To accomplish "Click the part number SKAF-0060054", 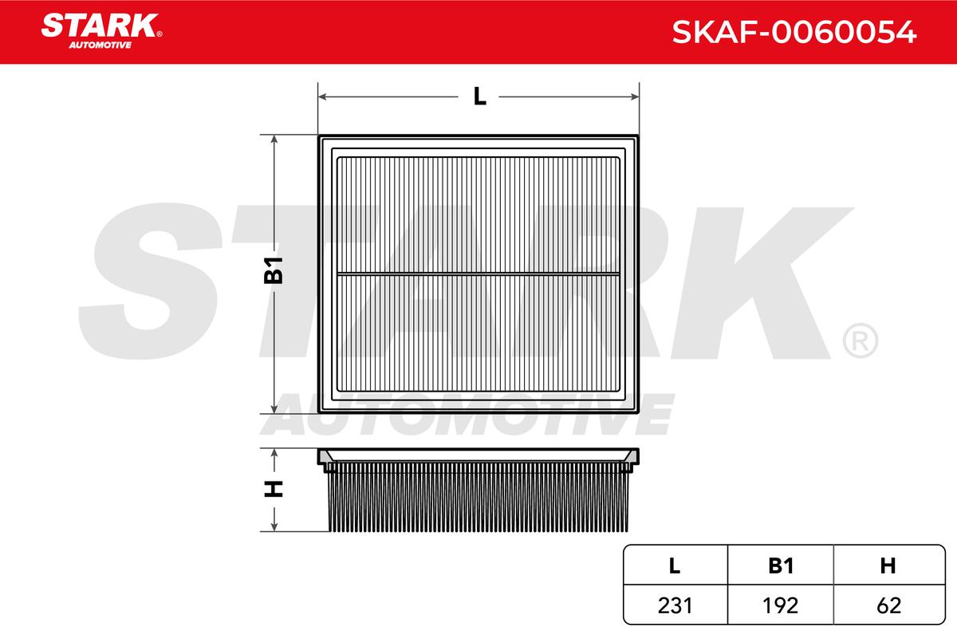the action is coord(794,32).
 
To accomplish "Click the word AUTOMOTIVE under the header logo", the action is coord(100,45).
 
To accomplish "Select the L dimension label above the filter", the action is coord(480,96).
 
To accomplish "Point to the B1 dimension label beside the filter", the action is coord(274,270).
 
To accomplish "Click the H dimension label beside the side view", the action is coord(274,489).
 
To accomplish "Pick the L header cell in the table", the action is coord(675,566).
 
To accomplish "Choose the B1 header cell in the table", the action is coord(781,566).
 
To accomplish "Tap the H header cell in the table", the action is coord(888,566).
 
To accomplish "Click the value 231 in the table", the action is coord(675,605).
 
